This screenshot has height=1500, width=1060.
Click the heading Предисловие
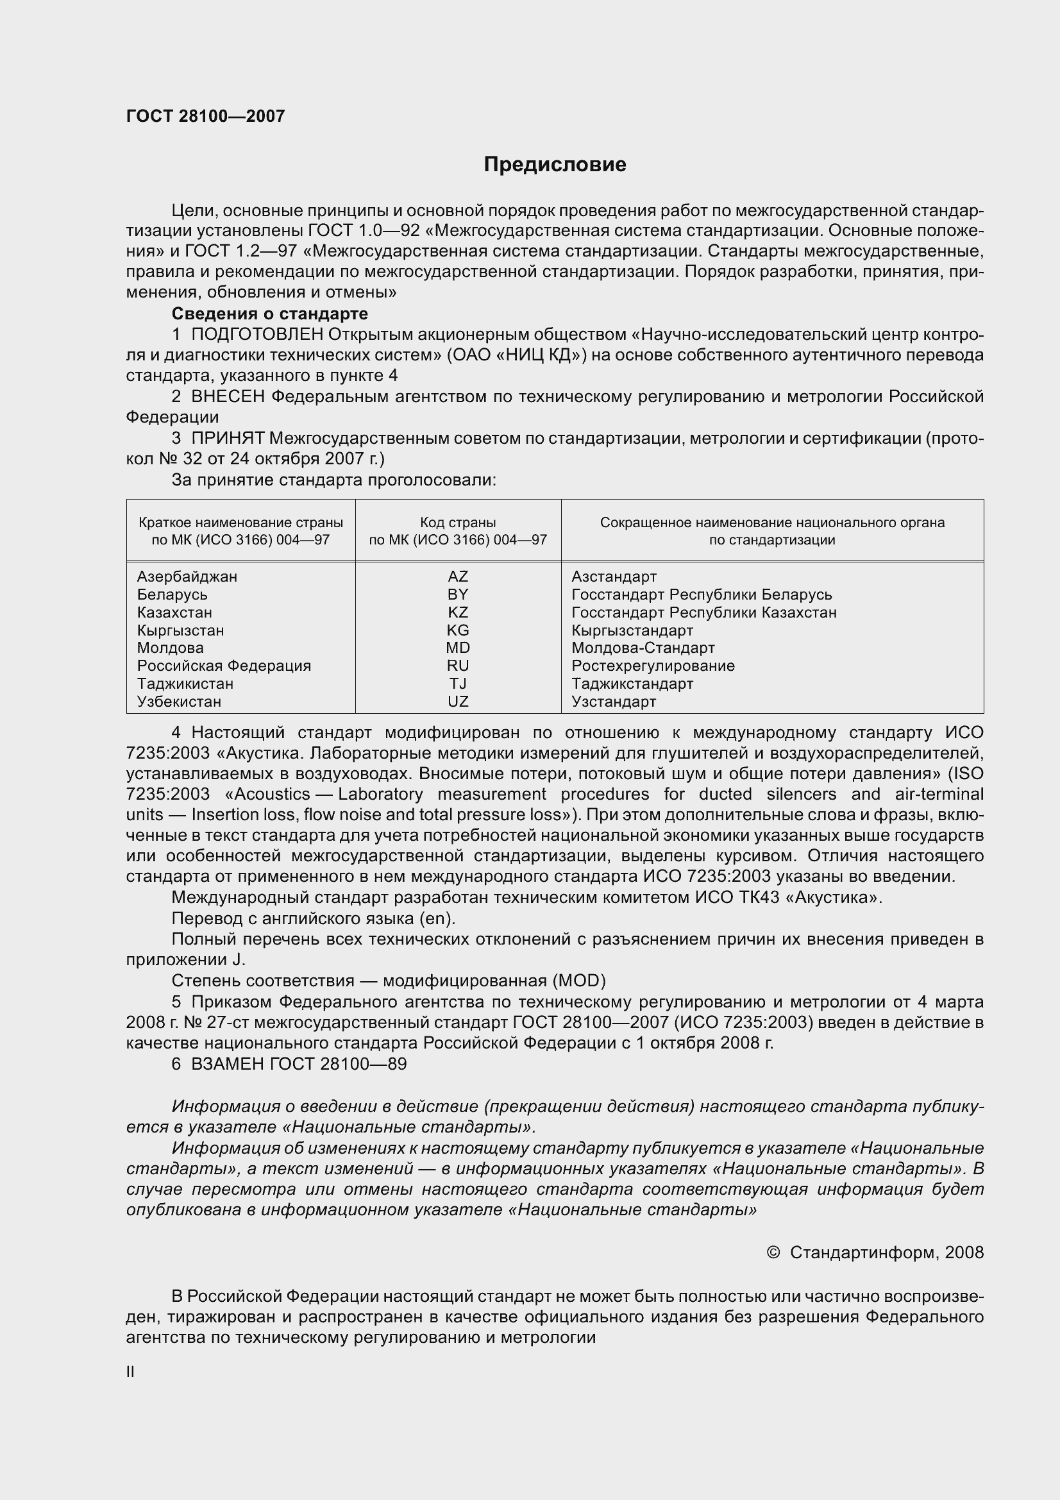tap(555, 165)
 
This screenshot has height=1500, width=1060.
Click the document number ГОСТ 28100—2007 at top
tap(206, 116)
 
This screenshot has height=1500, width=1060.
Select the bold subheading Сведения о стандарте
tap(270, 314)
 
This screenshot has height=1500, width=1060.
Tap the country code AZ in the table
tap(458, 577)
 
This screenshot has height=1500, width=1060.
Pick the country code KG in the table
tap(458, 630)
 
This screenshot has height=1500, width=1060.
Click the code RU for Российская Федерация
tap(458, 665)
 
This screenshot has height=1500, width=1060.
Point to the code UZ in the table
tap(458, 701)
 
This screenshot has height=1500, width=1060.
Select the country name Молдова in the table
tap(171, 648)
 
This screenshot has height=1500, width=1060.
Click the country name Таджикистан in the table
tap(185, 684)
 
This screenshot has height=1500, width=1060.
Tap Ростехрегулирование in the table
tap(653, 665)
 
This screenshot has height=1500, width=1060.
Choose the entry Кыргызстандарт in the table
tap(632, 630)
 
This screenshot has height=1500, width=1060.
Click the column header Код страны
tap(458, 522)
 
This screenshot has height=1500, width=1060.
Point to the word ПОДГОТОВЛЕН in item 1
tap(257, 335)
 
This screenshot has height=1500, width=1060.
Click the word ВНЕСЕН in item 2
tap(228, 396)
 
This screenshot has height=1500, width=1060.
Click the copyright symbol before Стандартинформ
tap(773, 1252)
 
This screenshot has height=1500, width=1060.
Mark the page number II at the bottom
tap(131, 1372)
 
